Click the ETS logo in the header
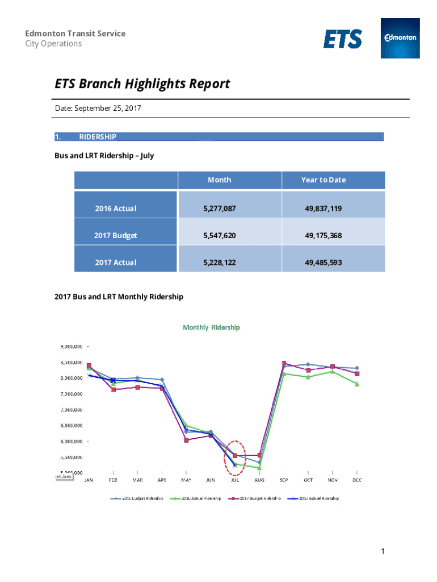point(343,39)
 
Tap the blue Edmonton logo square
point(400,38)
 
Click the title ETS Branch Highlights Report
point(142,84)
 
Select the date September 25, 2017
point(108,108)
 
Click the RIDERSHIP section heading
point(98,137)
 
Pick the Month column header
point(219,180)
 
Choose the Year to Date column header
point(323,180)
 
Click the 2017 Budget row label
point(116,235)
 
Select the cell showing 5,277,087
point(219,209)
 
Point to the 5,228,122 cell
point(219,263)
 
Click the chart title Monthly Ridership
point(211,327)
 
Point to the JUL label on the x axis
point(235,480)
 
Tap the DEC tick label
point(356,480)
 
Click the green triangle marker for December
point(356,384)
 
